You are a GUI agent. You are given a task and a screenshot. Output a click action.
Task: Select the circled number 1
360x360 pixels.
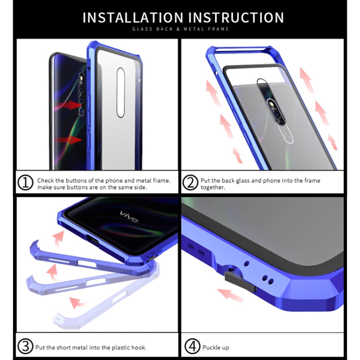(x=26, y=183)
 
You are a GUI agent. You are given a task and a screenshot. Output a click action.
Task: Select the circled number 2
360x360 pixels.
(x=190, y=183)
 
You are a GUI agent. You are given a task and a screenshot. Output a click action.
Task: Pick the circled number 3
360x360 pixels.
(x=26, y=346)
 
